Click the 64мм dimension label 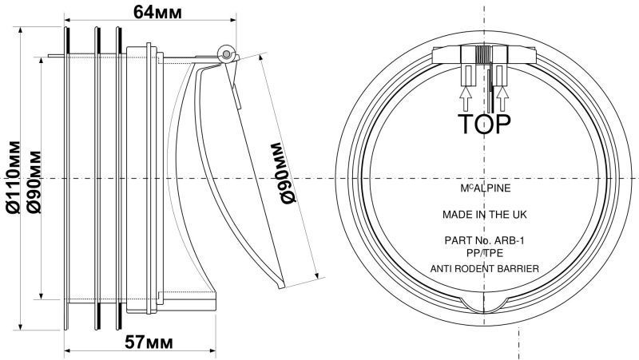pos(157,12)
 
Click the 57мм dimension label pos(149,342)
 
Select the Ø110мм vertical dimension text pos(14,177)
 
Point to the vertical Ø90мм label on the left pos(34,182)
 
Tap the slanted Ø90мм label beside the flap pos(282,173)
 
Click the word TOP pos(484,125)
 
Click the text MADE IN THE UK pos(485,214)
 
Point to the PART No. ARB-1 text pos(485,241)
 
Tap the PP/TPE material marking pos(485,253)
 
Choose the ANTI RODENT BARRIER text pos(485,269)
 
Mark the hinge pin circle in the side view pos(226,53)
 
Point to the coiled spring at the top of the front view pos(484,54)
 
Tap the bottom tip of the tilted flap pos(281,287)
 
